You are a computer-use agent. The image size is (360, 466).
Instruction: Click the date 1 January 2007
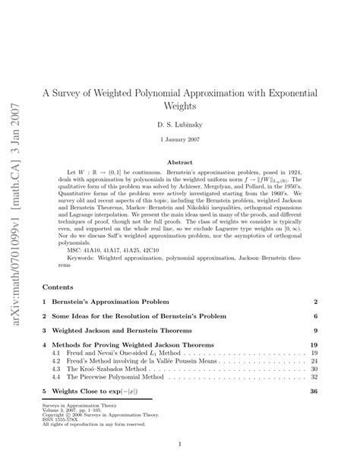179,140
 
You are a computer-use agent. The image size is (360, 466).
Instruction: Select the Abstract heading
179,163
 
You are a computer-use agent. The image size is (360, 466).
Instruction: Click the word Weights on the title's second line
179,105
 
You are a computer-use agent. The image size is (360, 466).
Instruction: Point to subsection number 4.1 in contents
55,353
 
